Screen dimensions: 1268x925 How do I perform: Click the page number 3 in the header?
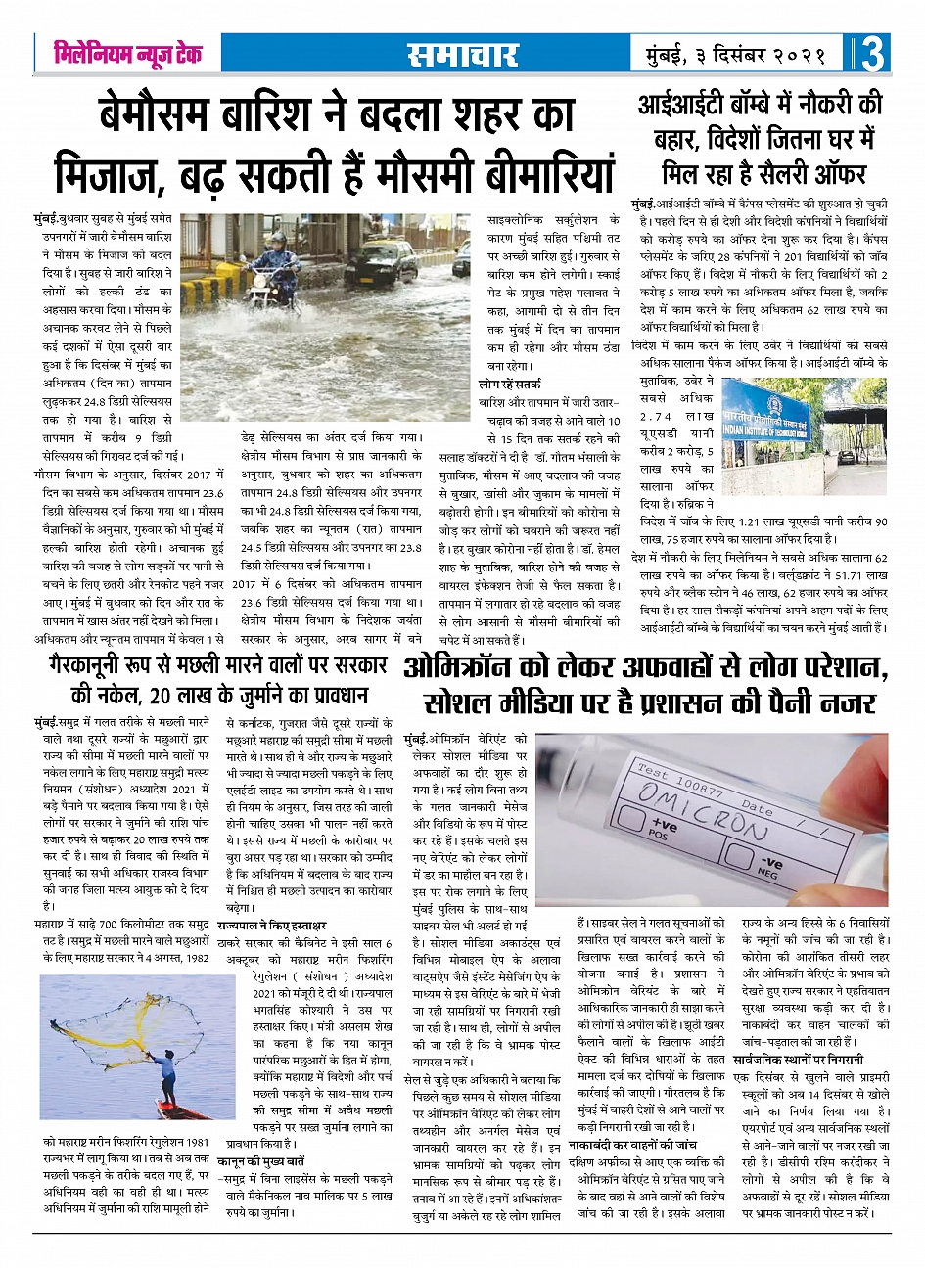point(874,55)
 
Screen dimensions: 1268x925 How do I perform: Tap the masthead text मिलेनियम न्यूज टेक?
point(127,54)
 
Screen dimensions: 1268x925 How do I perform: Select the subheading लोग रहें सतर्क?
point(509,385)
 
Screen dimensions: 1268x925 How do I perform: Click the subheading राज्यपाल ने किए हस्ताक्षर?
point(272,926)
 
